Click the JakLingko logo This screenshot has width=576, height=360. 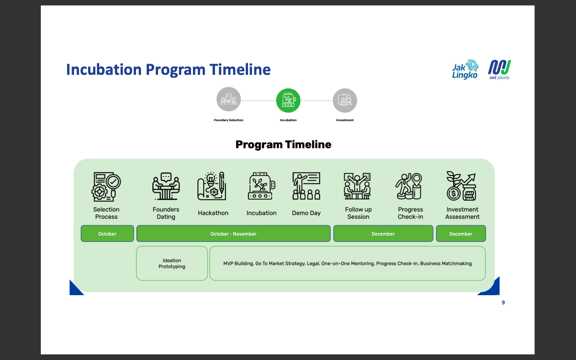pos(465,70)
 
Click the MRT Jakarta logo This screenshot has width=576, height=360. pos(499,70)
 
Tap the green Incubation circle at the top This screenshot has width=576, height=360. pos(288,100)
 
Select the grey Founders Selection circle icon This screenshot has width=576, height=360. pos(228,99)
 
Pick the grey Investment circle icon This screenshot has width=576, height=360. pos(345,100)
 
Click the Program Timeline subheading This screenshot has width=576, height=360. pos(283,144)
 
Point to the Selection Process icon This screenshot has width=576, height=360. pos(106,187)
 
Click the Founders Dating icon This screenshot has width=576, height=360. pos(166,186)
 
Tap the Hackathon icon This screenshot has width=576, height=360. pos(212,186)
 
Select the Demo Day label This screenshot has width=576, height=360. pos(306,213)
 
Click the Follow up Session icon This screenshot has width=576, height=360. pos(358,186)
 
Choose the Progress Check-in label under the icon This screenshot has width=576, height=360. pos(410,213)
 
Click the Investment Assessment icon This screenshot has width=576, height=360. pos(462,186)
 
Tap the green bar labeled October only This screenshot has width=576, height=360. pos(107,234)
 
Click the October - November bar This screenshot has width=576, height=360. pos(234,234)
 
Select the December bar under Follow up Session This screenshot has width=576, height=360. pos(383,234)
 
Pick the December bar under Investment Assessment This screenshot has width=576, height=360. pos(461,234)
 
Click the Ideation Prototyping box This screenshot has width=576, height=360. pos(172,263)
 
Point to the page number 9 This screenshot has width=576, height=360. pos(503,302)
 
